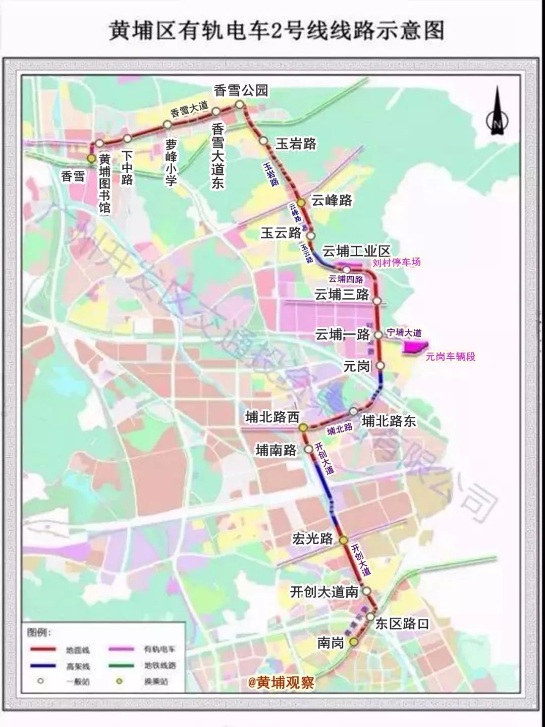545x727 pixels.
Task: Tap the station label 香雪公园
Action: point(241,90)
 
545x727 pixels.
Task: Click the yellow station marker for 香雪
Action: point(91,159)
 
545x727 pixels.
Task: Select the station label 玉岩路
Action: point(296,144)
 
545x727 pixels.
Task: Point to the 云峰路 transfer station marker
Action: point(301,202)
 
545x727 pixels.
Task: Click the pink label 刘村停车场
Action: point(396,262)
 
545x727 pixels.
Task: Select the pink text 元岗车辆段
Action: point(450,357)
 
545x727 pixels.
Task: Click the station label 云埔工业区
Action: point(356,251)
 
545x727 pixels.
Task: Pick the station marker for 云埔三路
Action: point(377,301)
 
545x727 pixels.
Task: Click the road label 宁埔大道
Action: point(404,333)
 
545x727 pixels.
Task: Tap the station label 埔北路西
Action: point(272,417)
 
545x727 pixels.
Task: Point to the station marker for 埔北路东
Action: point(354,411)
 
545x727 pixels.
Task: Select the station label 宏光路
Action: point(312,539)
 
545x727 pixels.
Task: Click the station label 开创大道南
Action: point(324,592)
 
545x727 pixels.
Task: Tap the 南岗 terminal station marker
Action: point(354,642)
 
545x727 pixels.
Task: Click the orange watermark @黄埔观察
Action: point(281,683)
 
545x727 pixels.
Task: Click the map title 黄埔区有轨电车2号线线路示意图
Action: point(277,31)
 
